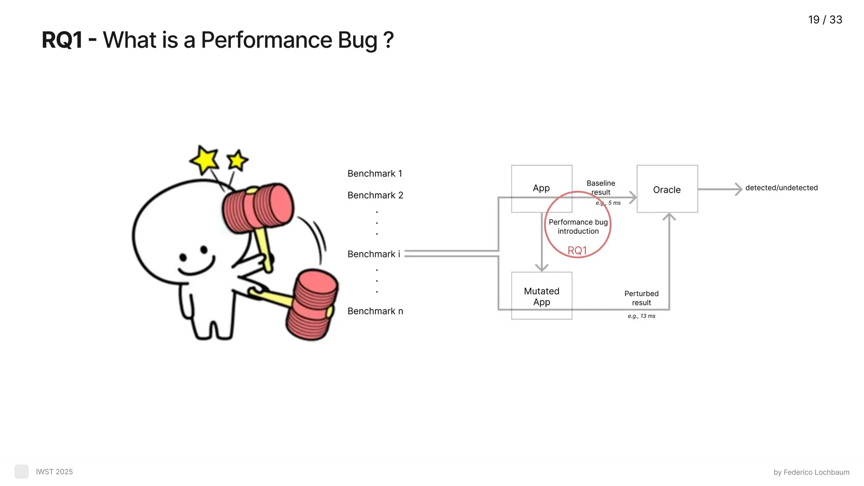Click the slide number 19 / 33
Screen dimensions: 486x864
click(x=825, y=20)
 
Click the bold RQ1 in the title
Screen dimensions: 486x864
click(x=62, y=40)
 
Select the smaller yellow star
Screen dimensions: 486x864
click(x=237, y=161)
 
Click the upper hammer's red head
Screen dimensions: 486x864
click(x=258, y=207)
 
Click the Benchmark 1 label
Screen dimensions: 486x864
click(x=375, y=173)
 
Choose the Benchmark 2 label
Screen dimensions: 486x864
click(x=375, y=195)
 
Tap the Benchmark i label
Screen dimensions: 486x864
click(x=373, y=254)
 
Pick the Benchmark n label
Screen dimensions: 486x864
click(x=375, y=311)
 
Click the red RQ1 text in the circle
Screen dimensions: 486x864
click(x=577, y=251)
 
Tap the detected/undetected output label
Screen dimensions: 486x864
click(x=781, y=188)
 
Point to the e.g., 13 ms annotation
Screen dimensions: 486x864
click(x=641, y=316)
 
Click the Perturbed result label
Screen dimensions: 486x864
click(x=641, y=298)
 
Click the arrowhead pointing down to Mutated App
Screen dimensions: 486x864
click(x=542, y=267)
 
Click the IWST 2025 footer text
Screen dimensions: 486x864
click(x=54, y=472)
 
